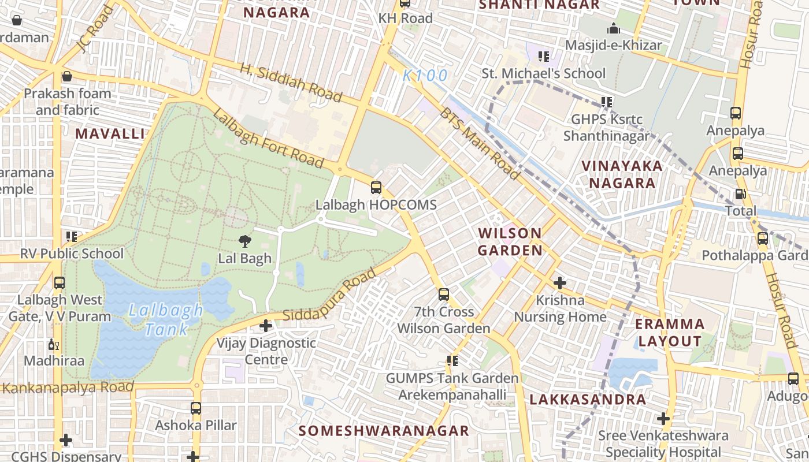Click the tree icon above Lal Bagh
point(245,241)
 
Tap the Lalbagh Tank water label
point(166,320)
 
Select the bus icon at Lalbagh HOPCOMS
point(376,188)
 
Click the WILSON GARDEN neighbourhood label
point(510,241)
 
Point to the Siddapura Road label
point(329,297)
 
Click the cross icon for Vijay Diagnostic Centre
point(265,326)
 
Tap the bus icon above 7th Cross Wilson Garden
point(443,295)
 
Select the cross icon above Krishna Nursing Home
point(559,283)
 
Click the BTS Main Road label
point(480,143)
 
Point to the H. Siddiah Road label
point(291,81)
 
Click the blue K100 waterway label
point(425,76)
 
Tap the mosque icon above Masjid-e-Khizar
point(613,28)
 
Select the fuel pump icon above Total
point(740,194)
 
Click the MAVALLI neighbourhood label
point(110,133)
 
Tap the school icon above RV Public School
point(72,236)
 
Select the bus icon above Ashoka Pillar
point(196,408)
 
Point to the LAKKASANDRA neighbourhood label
point(588,399)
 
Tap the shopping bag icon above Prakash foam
point(67,76)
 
